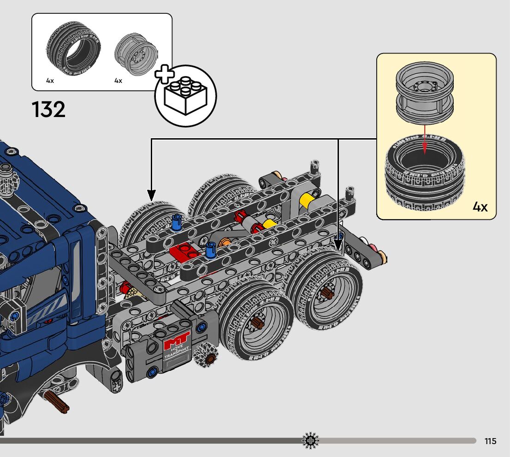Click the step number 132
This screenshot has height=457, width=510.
pos(48,110)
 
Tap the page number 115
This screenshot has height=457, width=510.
pos(491,441)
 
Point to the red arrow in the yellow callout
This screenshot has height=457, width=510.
pos(425,138)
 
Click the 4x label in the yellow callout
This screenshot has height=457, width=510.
pos(480,207)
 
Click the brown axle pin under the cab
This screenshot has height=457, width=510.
pos(57,402)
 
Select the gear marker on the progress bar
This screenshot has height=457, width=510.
pos(310,441)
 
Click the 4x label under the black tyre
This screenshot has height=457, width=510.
pos(50,81)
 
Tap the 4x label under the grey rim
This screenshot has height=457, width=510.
pos(118,81)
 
